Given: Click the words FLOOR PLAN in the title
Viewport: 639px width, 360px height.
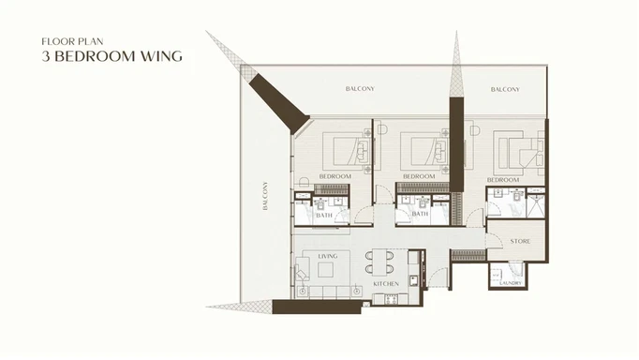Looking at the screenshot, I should [68, 42].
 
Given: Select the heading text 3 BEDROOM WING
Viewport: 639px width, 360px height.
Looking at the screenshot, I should [112, 57].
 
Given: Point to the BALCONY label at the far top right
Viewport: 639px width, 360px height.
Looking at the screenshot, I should [505, 89].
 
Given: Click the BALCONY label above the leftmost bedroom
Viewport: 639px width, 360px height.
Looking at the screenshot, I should [360, 89].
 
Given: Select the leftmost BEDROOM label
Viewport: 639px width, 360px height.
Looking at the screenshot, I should [334, 176].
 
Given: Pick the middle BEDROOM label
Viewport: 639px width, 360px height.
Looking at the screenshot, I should [419, 176].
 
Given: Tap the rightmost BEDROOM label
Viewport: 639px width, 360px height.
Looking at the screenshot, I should [503, 178].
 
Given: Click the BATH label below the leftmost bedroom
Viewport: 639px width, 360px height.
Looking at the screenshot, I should [324, 215].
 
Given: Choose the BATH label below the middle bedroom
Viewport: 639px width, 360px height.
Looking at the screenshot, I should [420, 214].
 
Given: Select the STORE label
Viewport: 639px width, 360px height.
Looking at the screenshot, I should [520, 241].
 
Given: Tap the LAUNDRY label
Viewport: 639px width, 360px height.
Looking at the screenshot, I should [510, 282].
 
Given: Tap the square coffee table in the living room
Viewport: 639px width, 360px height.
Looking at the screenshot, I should [327, 270].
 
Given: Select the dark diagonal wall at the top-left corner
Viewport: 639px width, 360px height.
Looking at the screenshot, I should [282, 100].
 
